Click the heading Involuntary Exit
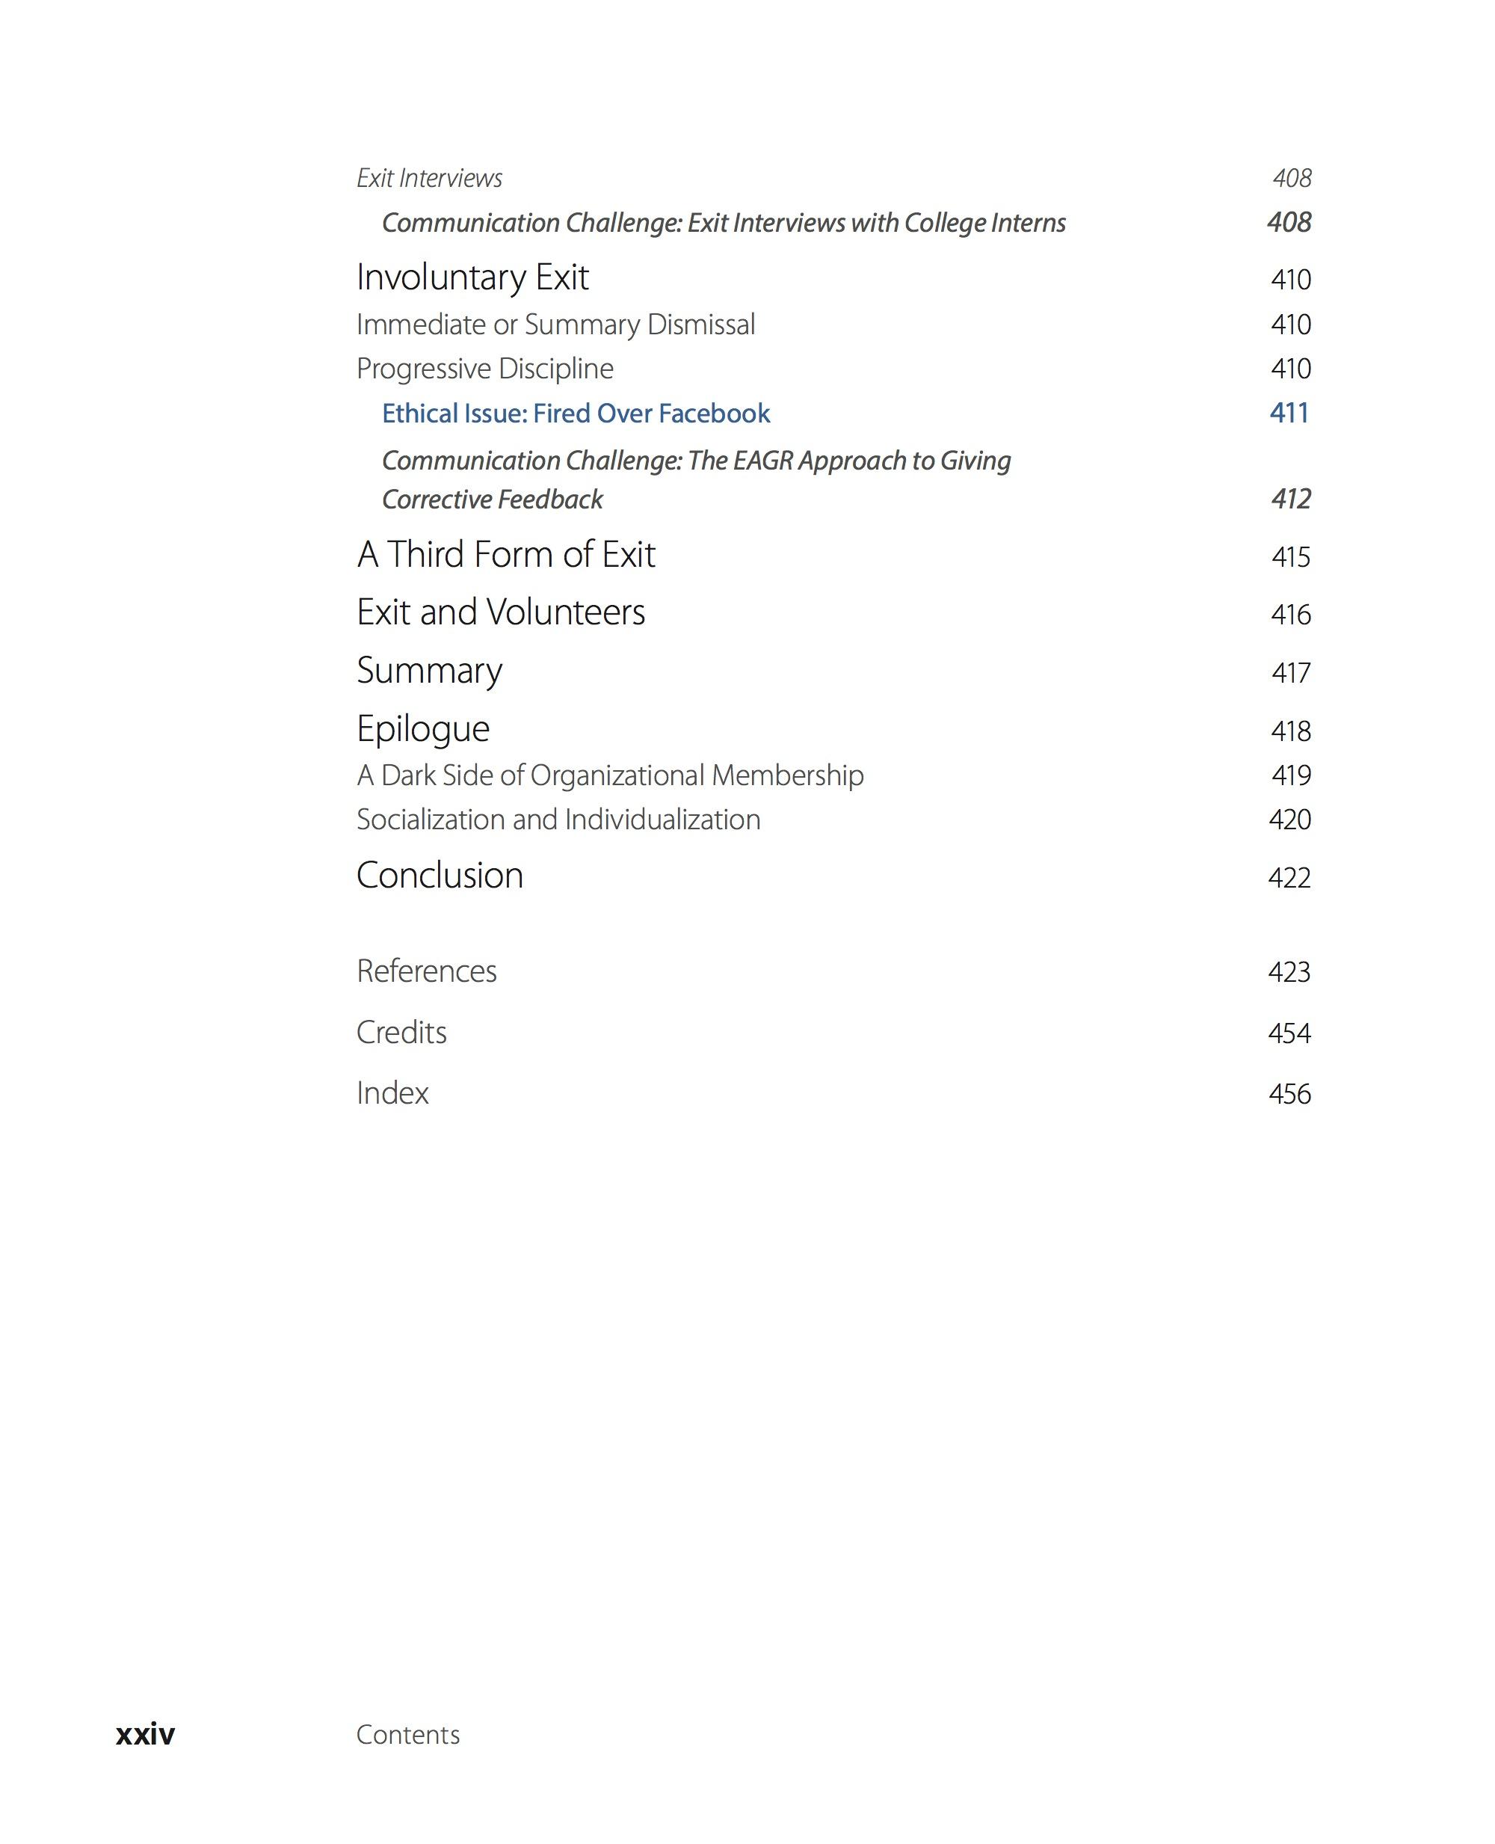pyautogui.click(x=472, y=277)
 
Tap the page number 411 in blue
pyautogui.click(x=1289, y=414)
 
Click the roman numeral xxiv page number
pyautogui.click(x=145, y=1734)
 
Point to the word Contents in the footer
pyautogui.click(x=408, y=1735)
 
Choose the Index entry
pyautogui.click(x=392, y=1093)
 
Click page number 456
pyautogui.click(x=1289, y=1094)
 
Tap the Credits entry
pyautogui.click(x=401, y=1033)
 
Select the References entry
pyautogui.click(x=426, y=971)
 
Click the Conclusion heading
pyautogui.click(x=440, y=876)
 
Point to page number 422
pyautogui.click(x=1289, y=878)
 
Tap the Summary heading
pyautogui.click(x=429, y=671)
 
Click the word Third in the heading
pyautogui.click(x=425, y=555)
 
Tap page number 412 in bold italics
pyautogui.click(x=1290, y=500)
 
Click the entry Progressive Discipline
pyautogui.click(x=485, y=369)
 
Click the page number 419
pyautogui.click(x=1290, y=775)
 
